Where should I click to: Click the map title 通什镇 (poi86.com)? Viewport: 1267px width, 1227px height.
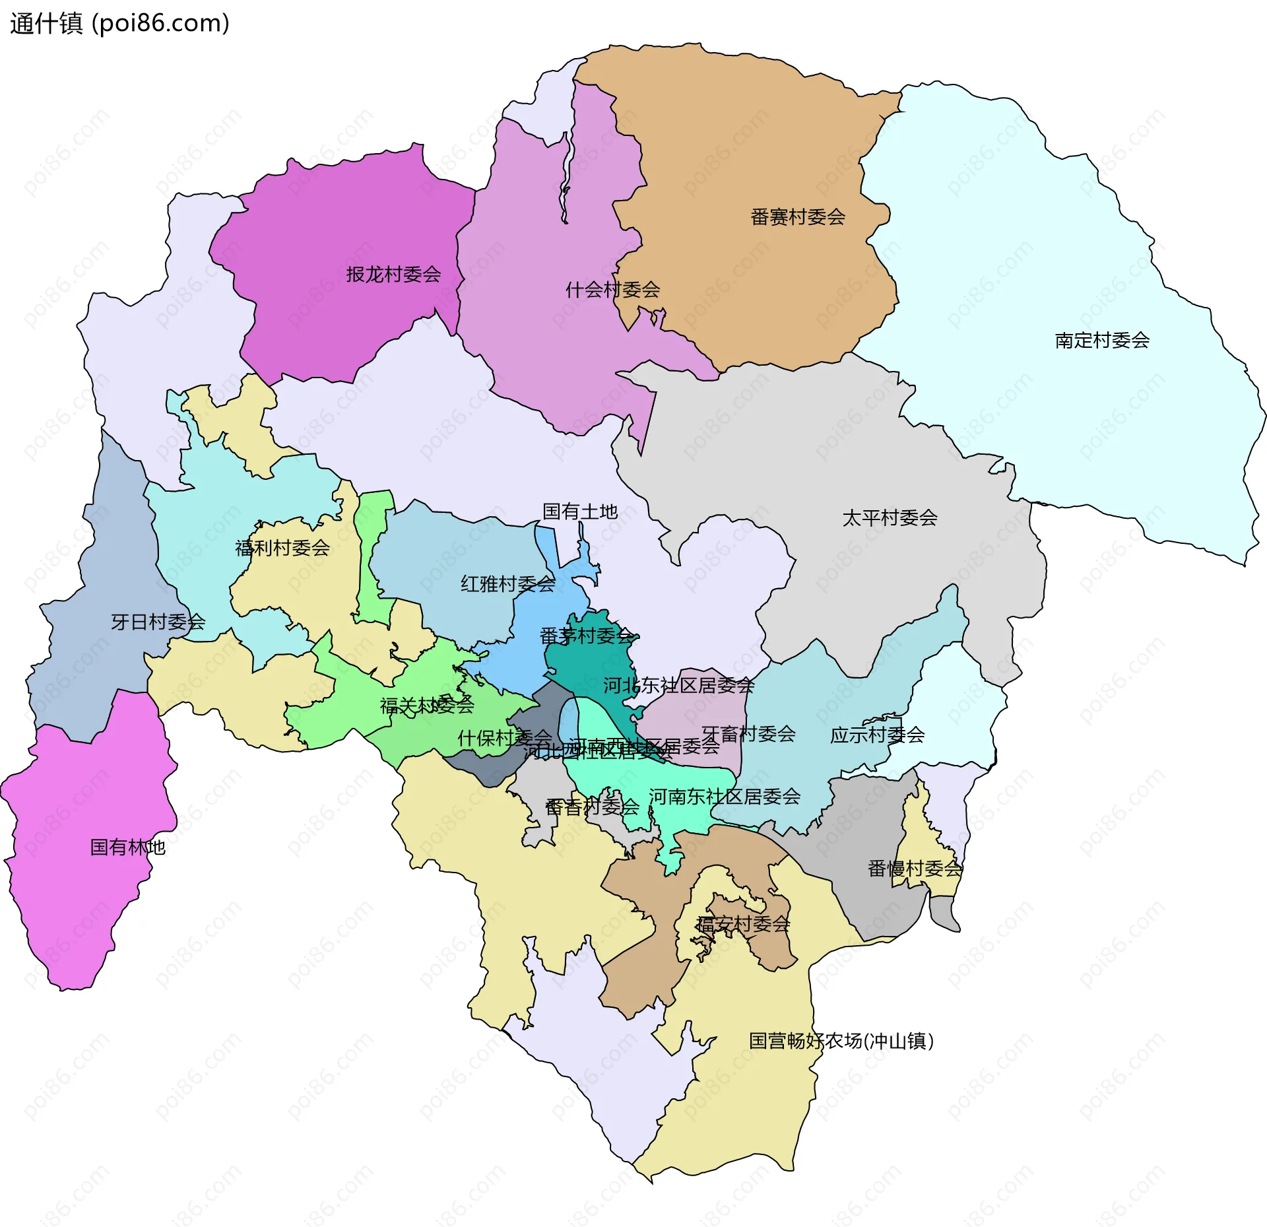(119, 24)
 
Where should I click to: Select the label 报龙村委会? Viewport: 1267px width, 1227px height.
(393, 275)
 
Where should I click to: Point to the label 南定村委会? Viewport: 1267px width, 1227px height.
(1101, 341)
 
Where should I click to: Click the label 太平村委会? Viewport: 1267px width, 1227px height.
(890, 518)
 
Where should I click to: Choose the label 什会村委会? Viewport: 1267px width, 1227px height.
(612, 290)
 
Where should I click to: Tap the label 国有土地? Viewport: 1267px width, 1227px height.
(579, 512)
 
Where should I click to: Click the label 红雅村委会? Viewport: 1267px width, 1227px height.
(507, 584)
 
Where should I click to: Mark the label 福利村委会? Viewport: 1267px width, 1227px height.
(282, 548)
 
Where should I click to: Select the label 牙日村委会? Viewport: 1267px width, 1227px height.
(158, 622)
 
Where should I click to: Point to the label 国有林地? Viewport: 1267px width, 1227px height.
(127, 847)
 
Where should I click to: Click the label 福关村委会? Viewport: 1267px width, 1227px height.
(427, 706)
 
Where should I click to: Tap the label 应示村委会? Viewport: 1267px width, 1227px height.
(877, 735)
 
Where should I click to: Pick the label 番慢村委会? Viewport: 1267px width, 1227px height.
(915, 869)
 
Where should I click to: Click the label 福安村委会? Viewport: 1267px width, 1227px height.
(743, 924)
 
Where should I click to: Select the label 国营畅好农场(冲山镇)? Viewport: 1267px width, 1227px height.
(841, 1041)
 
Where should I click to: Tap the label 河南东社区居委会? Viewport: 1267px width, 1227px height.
(724, 797)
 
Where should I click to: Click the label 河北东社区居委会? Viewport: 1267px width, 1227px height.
(678, 686)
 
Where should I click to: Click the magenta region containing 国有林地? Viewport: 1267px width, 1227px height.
(86, 911)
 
